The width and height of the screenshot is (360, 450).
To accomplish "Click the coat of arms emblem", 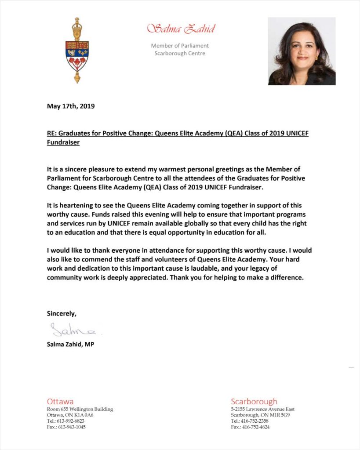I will click(77, 50).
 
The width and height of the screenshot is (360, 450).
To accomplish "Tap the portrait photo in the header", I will click(302, 51).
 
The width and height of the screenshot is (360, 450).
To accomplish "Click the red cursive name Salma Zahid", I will click(181, 29).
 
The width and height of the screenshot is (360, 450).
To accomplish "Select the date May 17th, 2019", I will click(71, 106).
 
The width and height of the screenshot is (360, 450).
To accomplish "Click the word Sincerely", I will click(62, 313).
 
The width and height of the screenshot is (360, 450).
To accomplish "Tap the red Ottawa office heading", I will click(60, 401).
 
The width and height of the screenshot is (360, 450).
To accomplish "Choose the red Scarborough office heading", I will click(254, 401).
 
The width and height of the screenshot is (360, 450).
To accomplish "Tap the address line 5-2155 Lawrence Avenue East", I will click(263, 409).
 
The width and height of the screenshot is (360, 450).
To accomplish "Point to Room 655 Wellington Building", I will click(80, 409).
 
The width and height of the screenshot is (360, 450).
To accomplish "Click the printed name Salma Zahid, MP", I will click(70, 344).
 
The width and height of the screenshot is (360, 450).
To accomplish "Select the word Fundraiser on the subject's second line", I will click(63, 143).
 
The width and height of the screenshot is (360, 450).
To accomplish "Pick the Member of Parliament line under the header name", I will click(180, 46).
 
